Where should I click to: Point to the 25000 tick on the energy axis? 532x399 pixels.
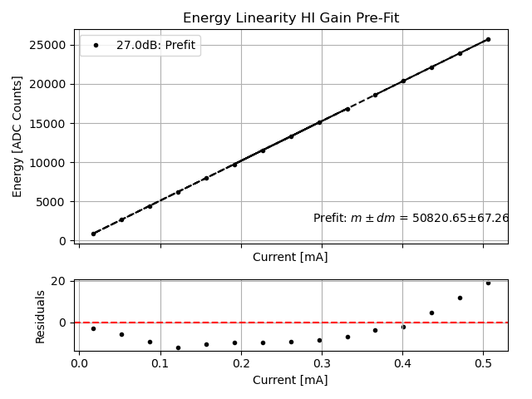pos(52,45)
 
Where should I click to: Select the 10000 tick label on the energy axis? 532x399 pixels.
pos(52,163)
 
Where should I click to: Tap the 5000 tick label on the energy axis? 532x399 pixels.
pos(55,202)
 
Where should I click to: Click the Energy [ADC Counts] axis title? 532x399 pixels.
pos(17,136)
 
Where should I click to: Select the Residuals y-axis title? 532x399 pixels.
pos(40,316)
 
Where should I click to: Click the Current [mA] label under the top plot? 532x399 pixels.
pos(290,257)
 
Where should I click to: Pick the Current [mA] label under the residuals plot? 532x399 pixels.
pos(290,380)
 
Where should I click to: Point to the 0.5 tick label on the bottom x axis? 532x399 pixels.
pos(484,363)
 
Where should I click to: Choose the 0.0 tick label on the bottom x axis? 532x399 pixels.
pos(79,363)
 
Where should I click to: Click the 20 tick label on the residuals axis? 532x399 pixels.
pos(59,281)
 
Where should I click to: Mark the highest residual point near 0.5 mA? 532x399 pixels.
pos(488,283)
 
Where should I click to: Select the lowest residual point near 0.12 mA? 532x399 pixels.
pos(178,347)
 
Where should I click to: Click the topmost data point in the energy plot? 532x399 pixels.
pos(488,39)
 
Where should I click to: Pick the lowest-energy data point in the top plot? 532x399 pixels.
pos(93,234)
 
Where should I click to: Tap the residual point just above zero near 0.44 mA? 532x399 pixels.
pos(431,313)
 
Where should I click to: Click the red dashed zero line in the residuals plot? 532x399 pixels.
pos(249,322)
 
